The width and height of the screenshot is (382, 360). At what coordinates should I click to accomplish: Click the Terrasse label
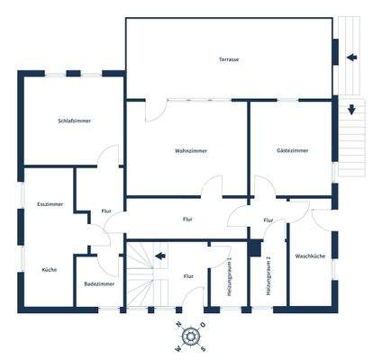[x=228, y=59]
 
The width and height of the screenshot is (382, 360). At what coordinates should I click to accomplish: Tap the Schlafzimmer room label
[x=74, y=121]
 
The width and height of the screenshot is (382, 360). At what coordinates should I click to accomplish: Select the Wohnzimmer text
[x=190, y=151]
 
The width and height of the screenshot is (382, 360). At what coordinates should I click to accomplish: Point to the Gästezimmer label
[x=292, y=151]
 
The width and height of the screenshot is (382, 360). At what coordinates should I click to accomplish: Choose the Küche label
[x=49, y=269]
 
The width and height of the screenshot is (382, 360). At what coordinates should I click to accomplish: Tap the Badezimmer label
[x=98, y=283]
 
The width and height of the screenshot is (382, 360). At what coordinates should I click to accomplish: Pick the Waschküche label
[x=309, y=257]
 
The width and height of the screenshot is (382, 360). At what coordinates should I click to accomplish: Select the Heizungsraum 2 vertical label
[x=268, y=275]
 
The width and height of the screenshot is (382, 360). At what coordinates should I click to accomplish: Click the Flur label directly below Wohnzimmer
[x=187, y=219]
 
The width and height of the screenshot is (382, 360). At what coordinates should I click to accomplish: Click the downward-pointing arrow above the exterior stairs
[x=350, y=111]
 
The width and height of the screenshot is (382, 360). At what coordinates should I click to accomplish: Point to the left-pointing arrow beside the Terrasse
[x=350, y=57]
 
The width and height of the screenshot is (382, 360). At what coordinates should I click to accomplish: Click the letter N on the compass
[x=179, y=326]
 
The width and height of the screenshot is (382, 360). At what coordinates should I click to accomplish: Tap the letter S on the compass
[x=203, y=348]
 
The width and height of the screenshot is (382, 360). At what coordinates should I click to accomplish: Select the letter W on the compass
[x=179, y=348]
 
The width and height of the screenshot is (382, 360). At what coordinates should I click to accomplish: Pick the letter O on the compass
[x=204, y=325]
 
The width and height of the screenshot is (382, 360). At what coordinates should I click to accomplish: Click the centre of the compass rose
[x=191, y=337]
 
